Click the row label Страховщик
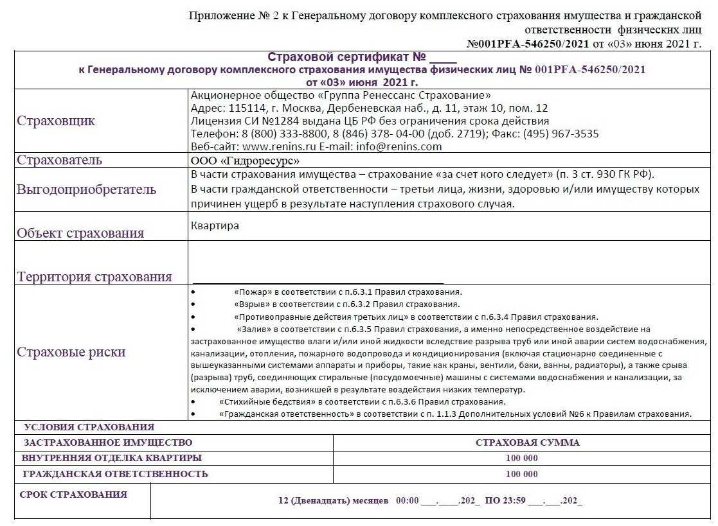coord(56,121)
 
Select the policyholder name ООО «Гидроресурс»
coord(245,161)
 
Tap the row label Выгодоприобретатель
coord(86,189)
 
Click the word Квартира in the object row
coord(215,226)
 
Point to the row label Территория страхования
coord(94,277)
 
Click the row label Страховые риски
coord(71,352)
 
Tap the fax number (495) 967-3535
coord(561,134)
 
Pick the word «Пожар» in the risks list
coord(252,292)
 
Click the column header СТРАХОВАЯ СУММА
coord(527,443)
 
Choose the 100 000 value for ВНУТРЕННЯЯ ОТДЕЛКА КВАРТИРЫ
coord(521,459)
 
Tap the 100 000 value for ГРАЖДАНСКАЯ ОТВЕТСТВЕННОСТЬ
coord(521,475)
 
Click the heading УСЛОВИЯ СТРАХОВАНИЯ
coord(89,427)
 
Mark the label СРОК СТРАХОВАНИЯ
coord(73,495)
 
